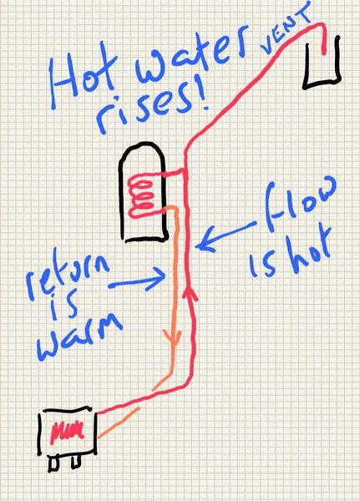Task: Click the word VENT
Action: pyautogui.click(x=286, y=29)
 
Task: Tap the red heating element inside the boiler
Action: pyautogui.click(x=68, y=433)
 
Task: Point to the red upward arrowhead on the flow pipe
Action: pyautogui.click(x=190, y=291)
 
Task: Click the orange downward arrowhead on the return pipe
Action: pyautogui.click(x=173, y=338)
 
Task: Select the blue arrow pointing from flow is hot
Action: pyautogui.click(x=226, y=235)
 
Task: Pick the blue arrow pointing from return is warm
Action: pyautogui.click(x=137, y=279)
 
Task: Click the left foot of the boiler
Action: pyautogui.click(x=53, y=464)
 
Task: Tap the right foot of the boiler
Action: pyautogui.click(x=76, y=462)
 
